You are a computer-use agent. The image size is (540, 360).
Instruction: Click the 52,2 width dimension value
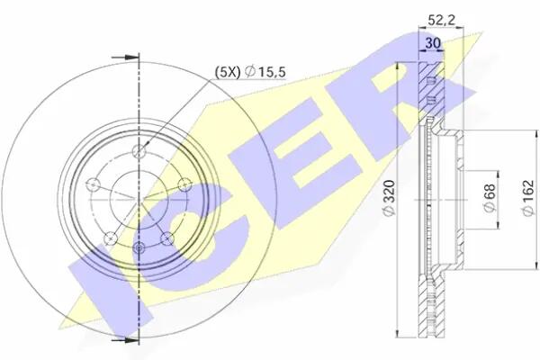(x=441, y=20)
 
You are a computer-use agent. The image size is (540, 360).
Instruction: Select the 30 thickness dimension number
(x=433, y=43)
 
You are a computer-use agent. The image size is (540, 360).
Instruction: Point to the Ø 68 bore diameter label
(x=489, y=198)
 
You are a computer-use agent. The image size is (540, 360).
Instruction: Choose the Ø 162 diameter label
(x=528, y=198)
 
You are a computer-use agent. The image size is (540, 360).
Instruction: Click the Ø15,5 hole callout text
(x=265, y=72)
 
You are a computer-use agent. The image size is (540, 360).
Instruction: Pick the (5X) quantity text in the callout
(x=227, y=72)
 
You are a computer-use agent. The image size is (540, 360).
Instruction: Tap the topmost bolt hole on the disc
(x=139, y=151)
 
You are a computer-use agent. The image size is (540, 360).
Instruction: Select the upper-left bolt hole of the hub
(x=93, y=184)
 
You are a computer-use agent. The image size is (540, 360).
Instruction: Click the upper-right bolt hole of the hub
(x=184, y=184)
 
